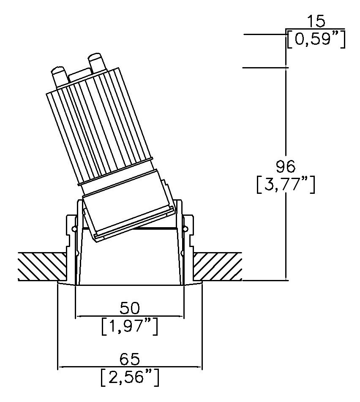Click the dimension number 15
click(x=316, y=21)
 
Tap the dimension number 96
click(x=286, y=167)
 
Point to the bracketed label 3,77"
click(x=286, y=185)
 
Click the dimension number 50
click(x=130, y=308)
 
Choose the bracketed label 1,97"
click(x=130, y=326)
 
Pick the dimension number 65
click(x=130, y=359)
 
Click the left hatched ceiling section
click(x=42, y=266)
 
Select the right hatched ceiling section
click(x=217, y=266)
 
